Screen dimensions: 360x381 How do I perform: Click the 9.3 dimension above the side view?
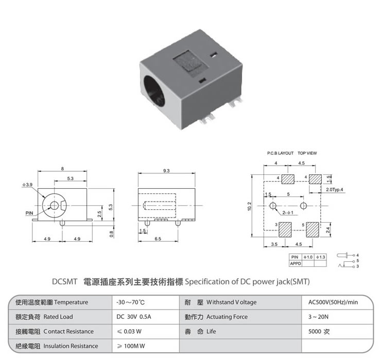[x=166, y=170]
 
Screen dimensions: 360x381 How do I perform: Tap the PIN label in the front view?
[x=29, y=212]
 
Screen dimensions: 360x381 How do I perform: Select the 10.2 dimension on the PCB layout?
[x=250, y=206]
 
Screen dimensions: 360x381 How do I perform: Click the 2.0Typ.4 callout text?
[x=335, y=190]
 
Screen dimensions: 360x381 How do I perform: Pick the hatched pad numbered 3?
[x=285, y=229]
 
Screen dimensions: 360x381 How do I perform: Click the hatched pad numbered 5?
[x=313, y=229]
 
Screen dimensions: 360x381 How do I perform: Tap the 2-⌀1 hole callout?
[x=288, y=212]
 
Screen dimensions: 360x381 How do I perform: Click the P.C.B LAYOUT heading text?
[x=280, y=153]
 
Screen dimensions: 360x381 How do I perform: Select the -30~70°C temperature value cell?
[x=131, y=302]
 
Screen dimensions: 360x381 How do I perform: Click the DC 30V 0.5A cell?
[x=133, y=317]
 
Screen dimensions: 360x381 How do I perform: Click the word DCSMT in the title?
[x=65, y=282]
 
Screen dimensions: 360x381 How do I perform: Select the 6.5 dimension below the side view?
[x=158, y=239]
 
